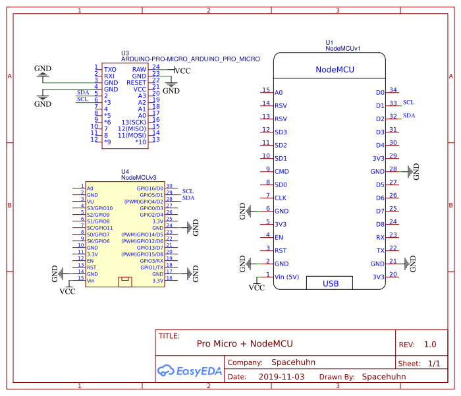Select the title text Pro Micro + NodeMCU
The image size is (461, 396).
point(244,344)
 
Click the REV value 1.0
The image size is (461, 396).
point(430,345)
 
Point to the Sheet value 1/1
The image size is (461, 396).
point(434,364)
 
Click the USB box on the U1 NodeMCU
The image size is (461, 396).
point(330,283)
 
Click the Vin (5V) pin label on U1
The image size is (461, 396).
point(287,277)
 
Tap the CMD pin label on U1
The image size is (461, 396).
point(281,172)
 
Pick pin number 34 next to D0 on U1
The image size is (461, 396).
point(393,90)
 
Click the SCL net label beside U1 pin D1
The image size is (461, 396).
point(409,103)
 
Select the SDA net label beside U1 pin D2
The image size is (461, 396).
point(409,115)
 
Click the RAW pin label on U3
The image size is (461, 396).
point(139,69)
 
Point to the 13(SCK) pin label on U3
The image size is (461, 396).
point(133,122)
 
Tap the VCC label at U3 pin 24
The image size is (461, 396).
point(182,71)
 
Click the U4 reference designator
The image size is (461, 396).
point(125,171)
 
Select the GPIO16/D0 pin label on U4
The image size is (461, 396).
point(150,188)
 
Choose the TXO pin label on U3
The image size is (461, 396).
point(110,69)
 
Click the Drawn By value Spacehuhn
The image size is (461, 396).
point(384,377)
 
